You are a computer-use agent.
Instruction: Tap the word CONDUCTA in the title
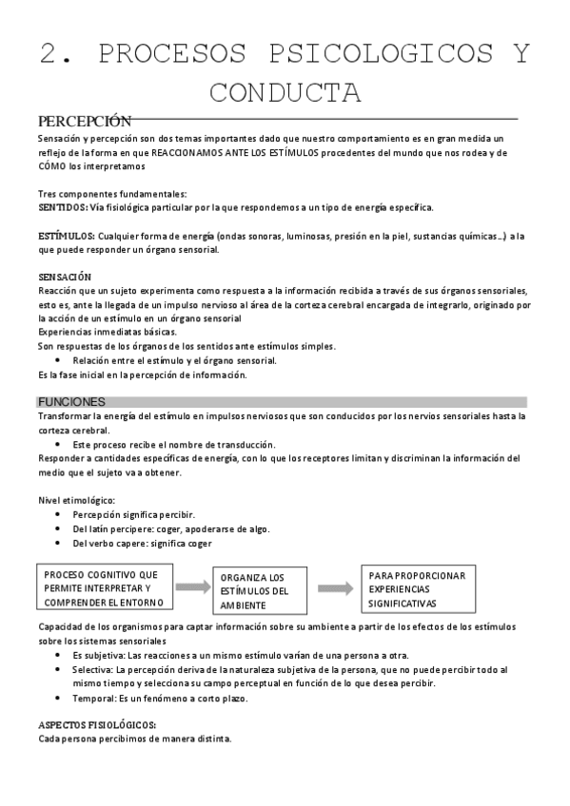point(285,93)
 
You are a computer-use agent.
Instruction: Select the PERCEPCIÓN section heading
point(84,122)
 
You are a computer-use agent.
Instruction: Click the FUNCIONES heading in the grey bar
point(71,402)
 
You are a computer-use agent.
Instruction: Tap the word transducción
point(243,444)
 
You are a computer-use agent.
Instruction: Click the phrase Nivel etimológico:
point(76,500)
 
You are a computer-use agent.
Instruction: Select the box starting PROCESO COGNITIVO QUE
point(105,588)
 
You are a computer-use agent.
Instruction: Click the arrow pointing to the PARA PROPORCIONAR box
point(334,588)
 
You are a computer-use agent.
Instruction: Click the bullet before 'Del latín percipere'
point(59,528)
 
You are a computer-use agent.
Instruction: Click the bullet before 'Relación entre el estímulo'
point(59,360)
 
